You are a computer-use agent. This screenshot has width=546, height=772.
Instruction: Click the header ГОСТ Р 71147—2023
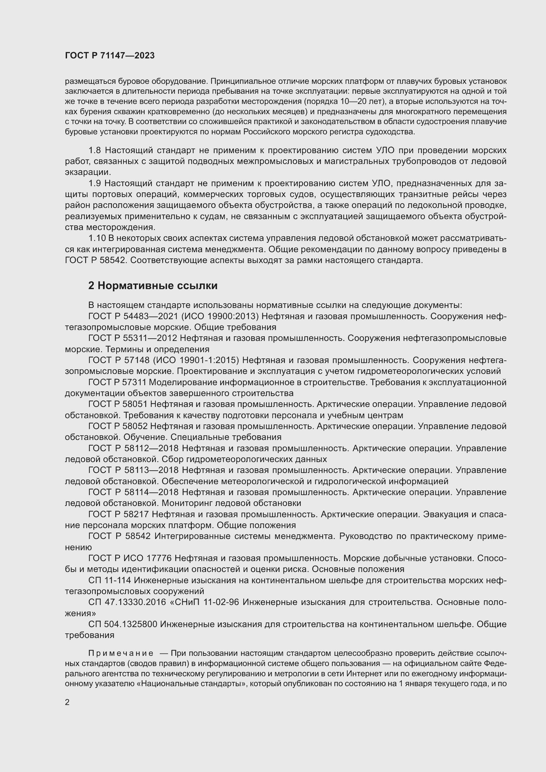point(110,56)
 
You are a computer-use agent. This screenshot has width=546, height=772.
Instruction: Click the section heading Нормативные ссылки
point(153,285)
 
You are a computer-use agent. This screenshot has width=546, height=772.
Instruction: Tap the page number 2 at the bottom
point(67,702)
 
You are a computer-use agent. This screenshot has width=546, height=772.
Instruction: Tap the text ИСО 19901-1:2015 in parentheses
point(196,360)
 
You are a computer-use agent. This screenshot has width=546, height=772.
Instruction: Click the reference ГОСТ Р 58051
point(118,404)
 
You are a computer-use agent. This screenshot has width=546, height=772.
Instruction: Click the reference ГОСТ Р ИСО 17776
point(130,558)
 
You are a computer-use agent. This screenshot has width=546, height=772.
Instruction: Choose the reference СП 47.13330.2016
point(127,602)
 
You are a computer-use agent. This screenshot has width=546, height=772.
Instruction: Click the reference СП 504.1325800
point(123,624)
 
